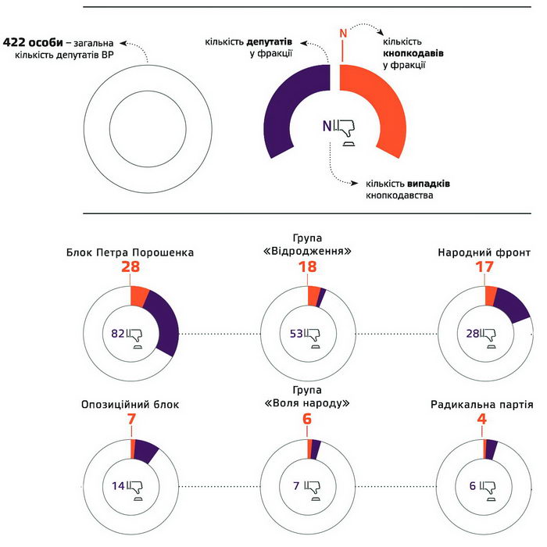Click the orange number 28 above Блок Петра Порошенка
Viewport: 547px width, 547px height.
pyautogui.click(x=130, y=268)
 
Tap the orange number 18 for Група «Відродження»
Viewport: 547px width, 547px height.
pyautogui.click(x=307, y=268)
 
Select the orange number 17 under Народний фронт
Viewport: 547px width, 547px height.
pyautogui.click(x=484, y=268)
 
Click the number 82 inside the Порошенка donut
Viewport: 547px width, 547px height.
pyautogui.click(x=119, y=334)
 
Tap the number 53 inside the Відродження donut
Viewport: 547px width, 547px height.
pyautogui.click(x=296, y=334)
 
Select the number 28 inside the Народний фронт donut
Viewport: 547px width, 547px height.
pyautogui.click(x=473, y=334)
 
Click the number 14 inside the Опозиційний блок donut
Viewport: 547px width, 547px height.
pyautogui.click(x=119, y=486)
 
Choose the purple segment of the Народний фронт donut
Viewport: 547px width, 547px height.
pyautogui.click(x=513, y=305)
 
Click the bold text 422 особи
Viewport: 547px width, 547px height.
pyautogui.click(x=32, y=41)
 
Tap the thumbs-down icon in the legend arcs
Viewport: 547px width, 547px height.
pyautogui.click(x=348, y=130)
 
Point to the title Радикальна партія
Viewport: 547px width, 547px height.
pyautogui.click(x=482, y=406)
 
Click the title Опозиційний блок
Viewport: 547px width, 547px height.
pyautogui.click(x=130, y=405)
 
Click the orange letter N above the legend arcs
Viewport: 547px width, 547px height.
pyautogui.click(x=341, y=32)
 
